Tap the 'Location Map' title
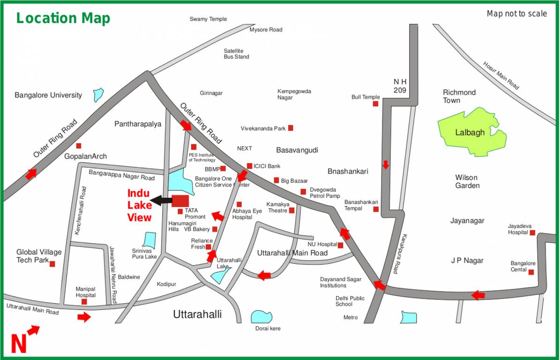[63, 18]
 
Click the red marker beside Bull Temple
[375, 104]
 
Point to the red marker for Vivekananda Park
[291, 128]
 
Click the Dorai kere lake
[261, 317]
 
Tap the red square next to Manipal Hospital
[84, 302]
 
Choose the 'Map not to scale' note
[516, 14]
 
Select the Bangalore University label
[48, 95]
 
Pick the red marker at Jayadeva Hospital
[532, 232]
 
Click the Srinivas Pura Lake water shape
[149, 240]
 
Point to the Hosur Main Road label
[501, 75]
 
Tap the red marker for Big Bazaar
[276, 180]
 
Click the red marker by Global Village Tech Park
[52, 264]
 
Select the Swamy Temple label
[208, 19]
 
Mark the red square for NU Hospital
[340, 245]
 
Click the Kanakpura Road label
[400, 254]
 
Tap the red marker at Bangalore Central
[531, 272]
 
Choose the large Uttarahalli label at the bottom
[197, 314]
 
